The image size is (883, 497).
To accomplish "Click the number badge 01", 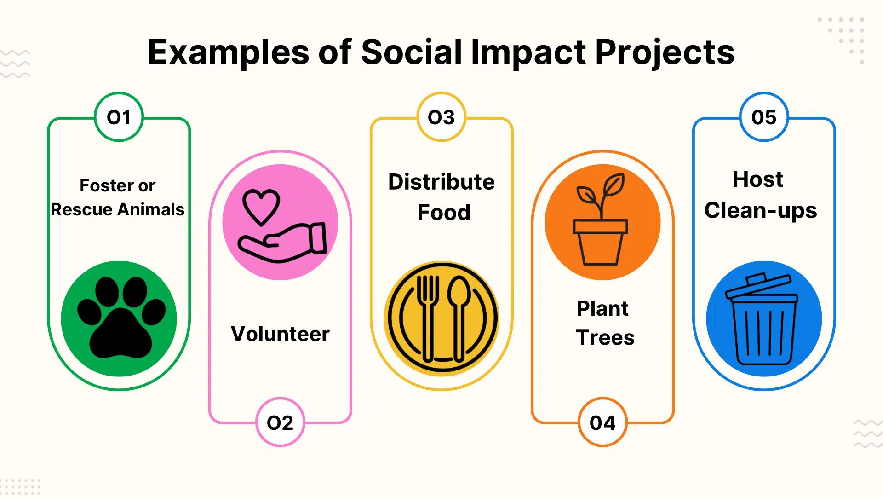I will coord(119,117).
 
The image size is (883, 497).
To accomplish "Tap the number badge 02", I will coord(280,422).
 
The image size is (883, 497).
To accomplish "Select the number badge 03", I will coord(441,117).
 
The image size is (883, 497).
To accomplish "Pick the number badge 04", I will coord(602,422).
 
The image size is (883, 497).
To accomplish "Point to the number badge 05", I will coord(764,117).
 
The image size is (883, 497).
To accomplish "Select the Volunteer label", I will coord(280,334).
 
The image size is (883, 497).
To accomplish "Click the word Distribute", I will coord(441,182).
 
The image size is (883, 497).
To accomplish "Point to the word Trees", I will coord(605,338).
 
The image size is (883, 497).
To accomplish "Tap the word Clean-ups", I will coord(761,211).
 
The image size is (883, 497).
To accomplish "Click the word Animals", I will coord(151,209).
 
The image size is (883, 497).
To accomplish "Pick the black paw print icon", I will coord(120,318).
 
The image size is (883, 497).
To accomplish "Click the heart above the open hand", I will coord(261,206).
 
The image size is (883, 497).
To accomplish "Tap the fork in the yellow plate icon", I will coord(428,318).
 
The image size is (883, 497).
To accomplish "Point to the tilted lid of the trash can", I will coord(759,285).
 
